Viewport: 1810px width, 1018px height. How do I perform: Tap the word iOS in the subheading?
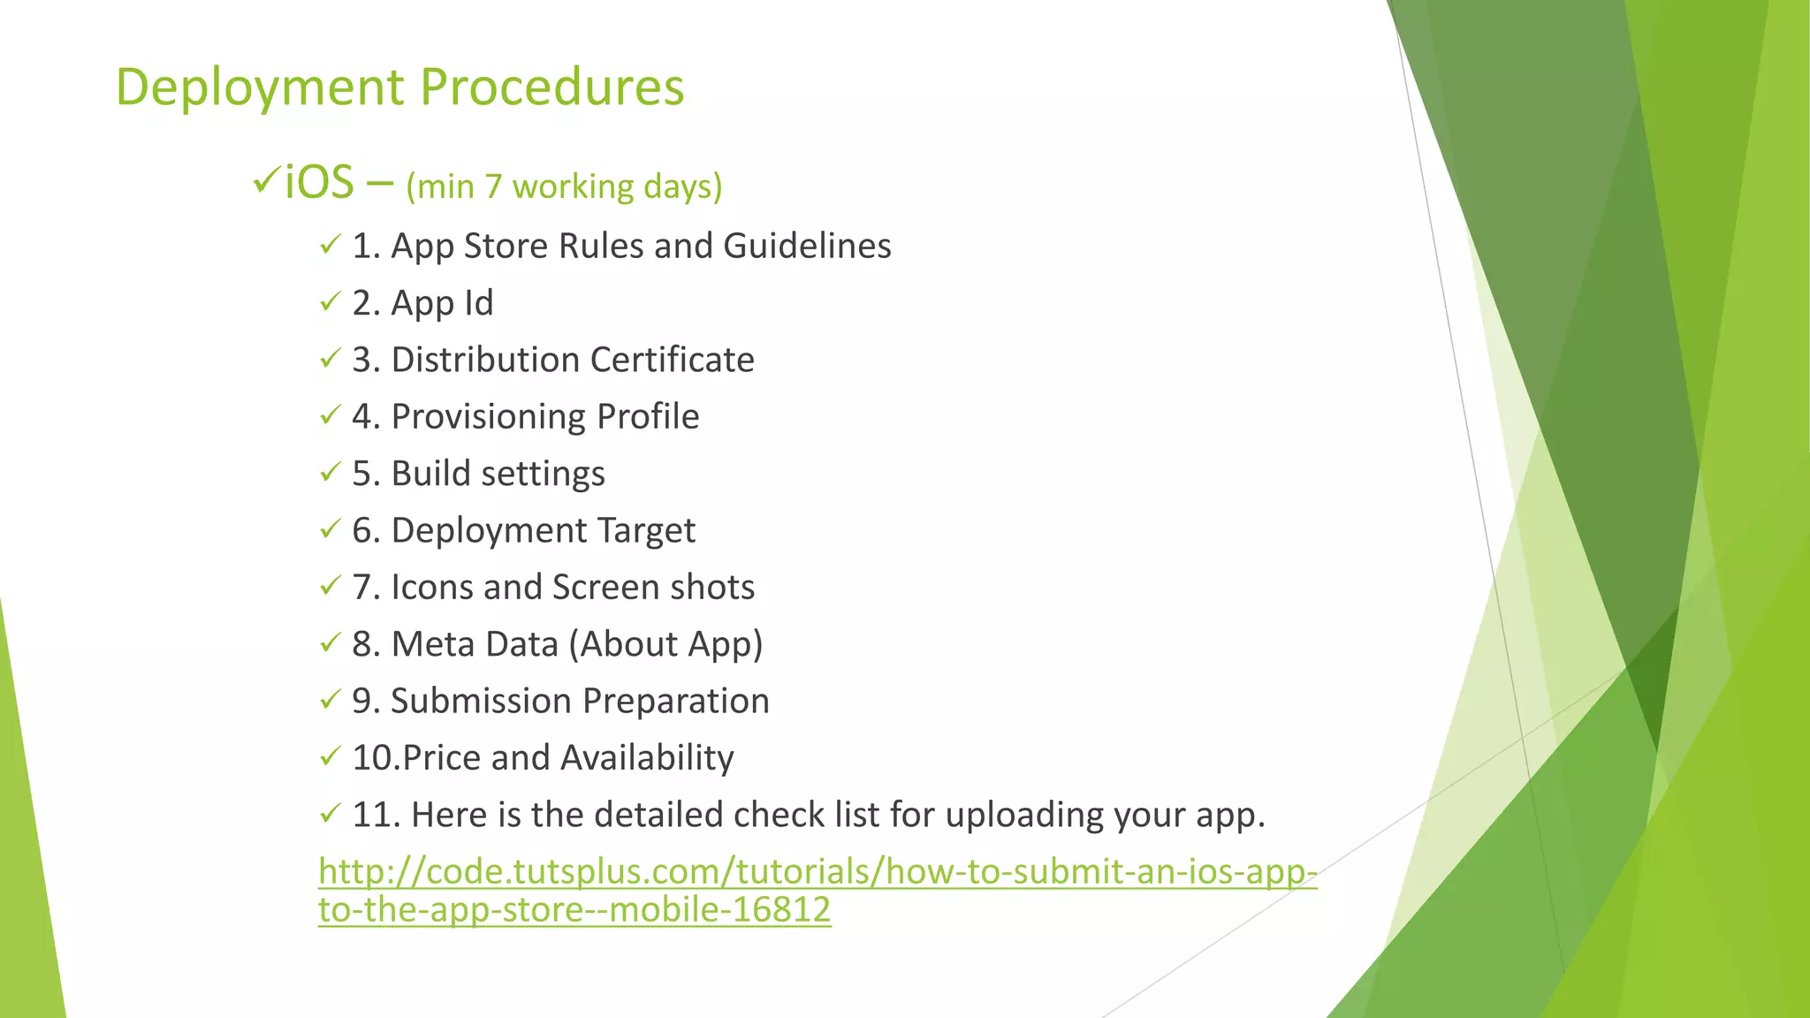point(319,183)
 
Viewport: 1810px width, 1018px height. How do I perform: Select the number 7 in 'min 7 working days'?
point(493,187)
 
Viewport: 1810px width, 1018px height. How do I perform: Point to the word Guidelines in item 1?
point(807,246)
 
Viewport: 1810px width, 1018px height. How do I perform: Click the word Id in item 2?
point(478,303)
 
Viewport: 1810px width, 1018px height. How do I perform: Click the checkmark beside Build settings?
point(330,472)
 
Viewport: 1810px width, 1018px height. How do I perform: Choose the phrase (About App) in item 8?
point(665,644)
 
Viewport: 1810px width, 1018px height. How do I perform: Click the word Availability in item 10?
point(647,758)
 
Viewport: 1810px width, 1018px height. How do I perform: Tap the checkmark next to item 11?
point(330,813)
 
